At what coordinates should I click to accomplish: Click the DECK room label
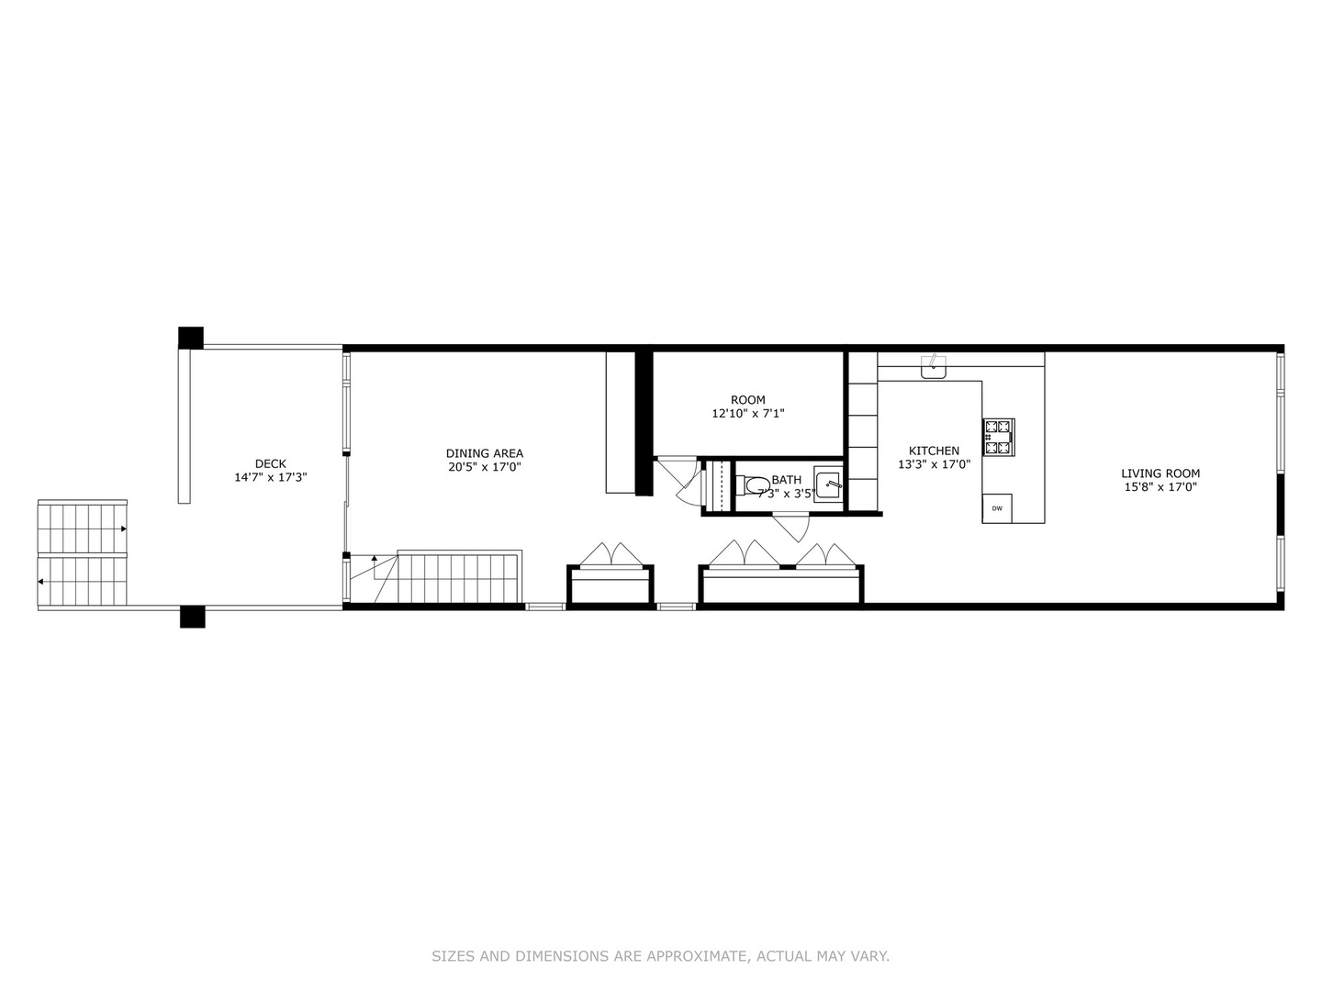270,463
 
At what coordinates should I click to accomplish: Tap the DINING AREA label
484,453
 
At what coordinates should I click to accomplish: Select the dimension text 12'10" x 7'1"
747,414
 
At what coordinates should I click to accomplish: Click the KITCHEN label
934,451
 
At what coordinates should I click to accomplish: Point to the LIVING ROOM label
1160,473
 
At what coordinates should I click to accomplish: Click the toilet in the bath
756,484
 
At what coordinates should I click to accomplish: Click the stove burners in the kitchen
998,438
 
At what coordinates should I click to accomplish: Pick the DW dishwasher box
997,508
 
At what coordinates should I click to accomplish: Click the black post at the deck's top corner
191,337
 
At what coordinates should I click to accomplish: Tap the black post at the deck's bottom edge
192,616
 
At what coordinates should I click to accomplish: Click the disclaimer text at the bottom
660,956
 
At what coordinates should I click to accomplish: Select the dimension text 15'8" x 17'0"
1160,487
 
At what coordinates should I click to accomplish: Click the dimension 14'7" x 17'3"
270,477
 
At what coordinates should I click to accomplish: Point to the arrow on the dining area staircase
374,559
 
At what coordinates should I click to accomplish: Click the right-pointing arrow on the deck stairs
122,529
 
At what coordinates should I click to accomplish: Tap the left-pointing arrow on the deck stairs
41,581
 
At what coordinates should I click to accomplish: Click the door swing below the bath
791,529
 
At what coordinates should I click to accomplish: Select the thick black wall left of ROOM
644,422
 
